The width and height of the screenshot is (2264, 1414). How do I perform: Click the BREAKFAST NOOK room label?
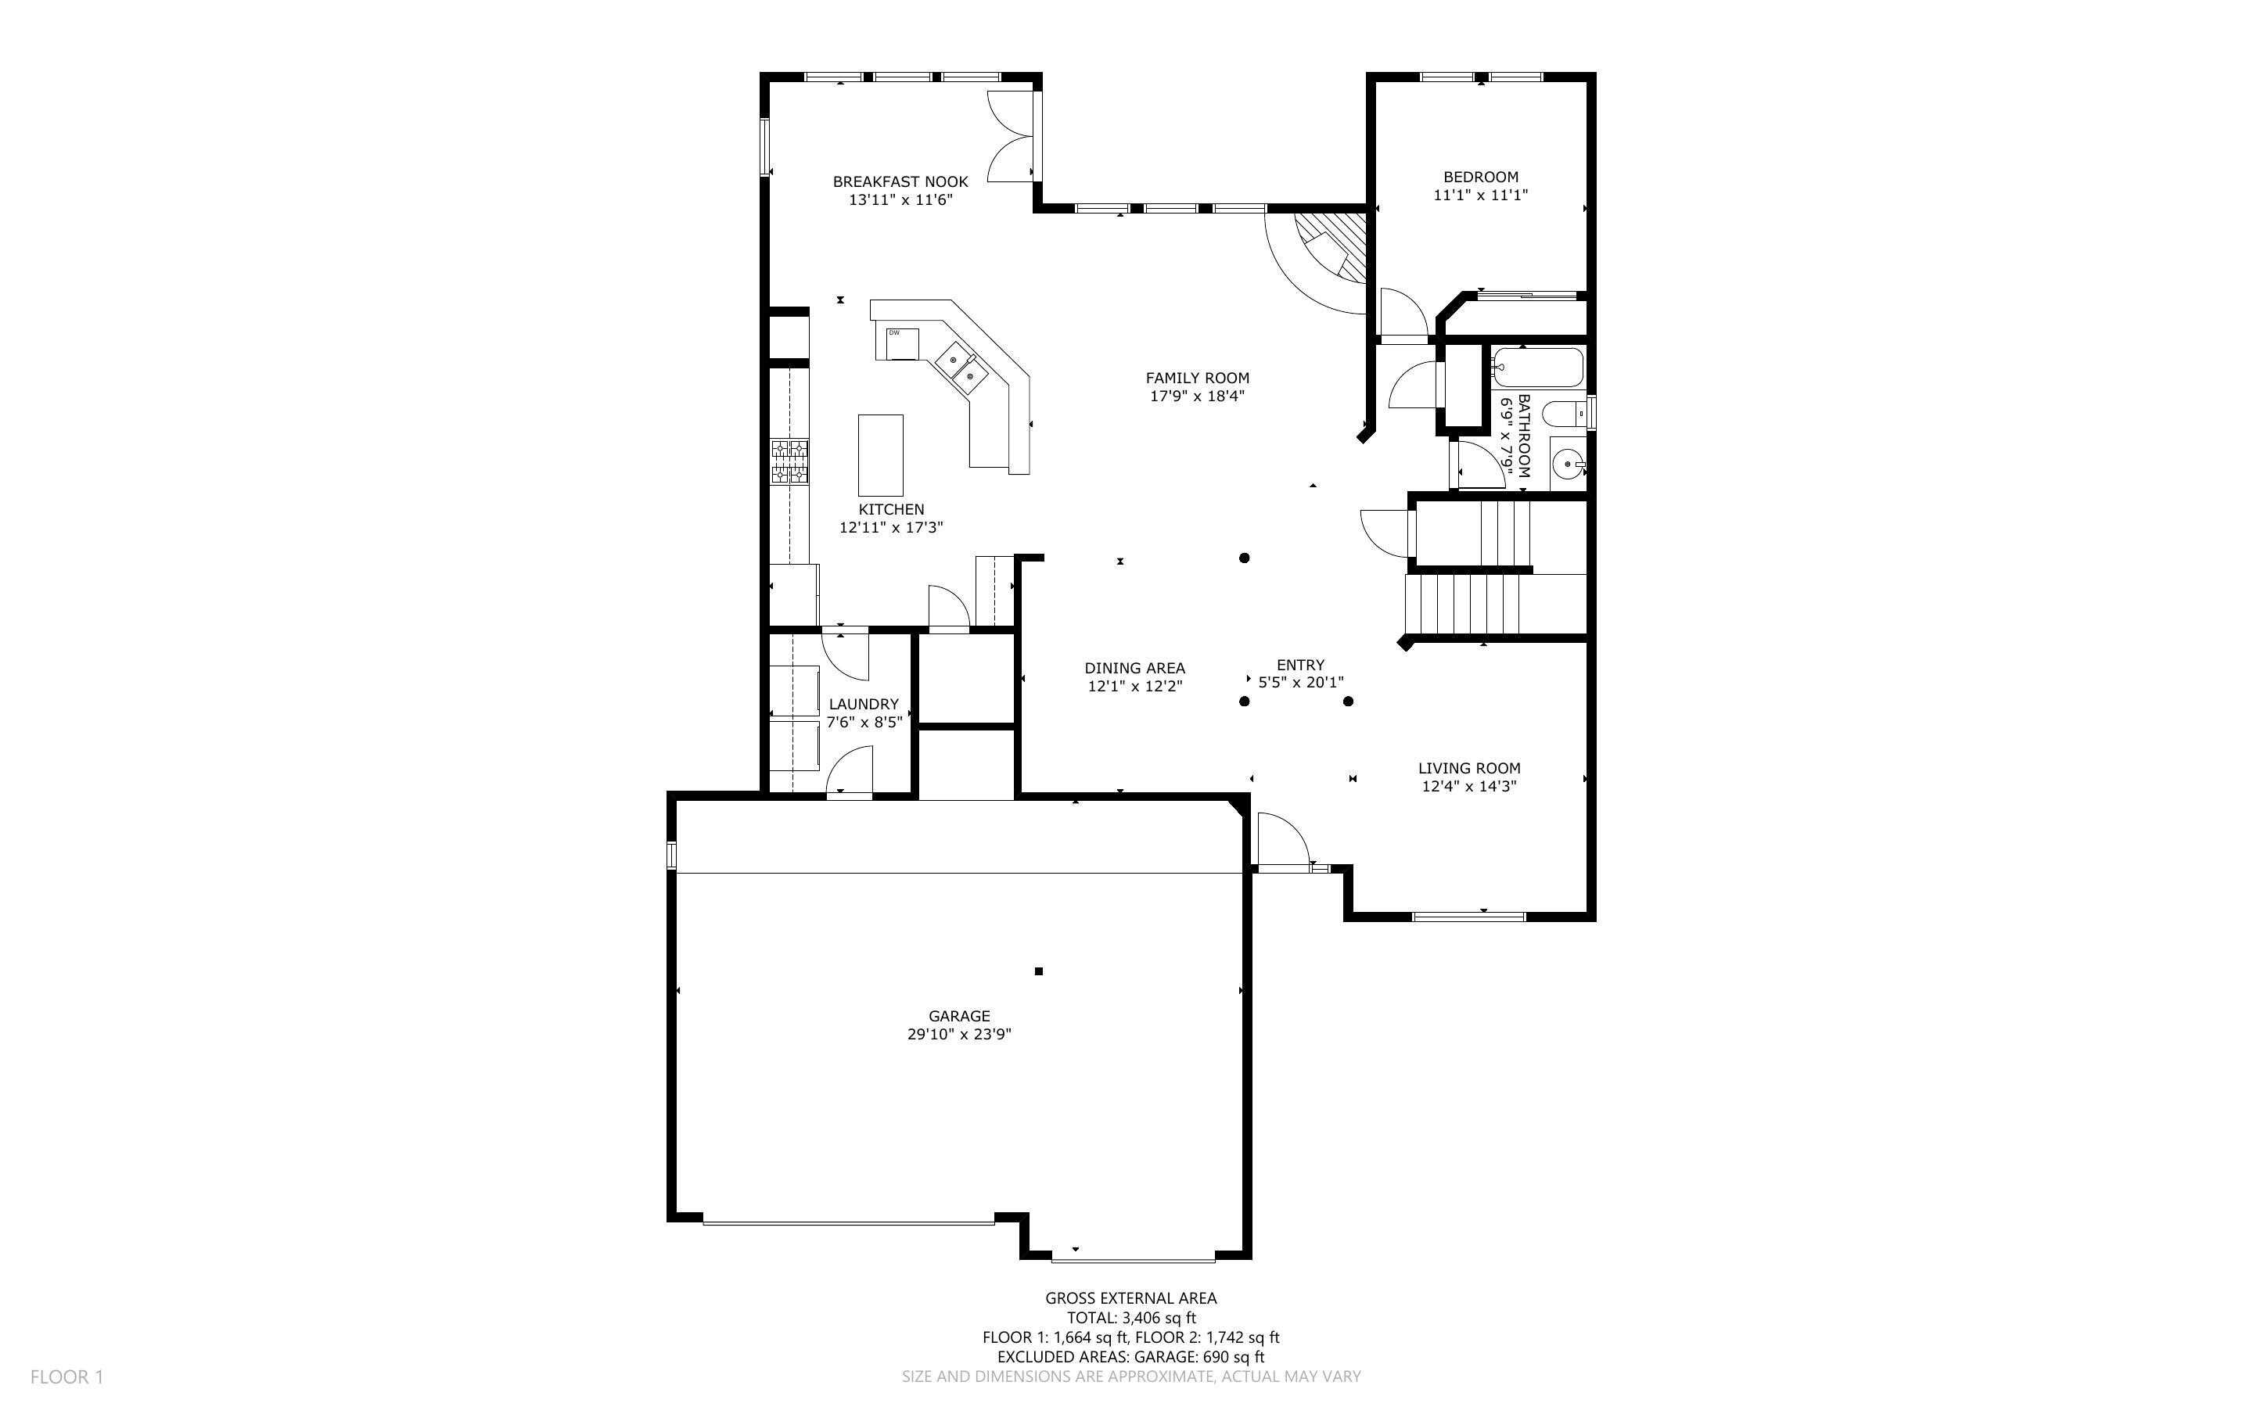pos(900,181)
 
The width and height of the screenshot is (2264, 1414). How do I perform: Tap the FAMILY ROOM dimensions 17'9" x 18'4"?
pos(1197,397)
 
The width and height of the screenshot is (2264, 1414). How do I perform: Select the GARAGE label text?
pos(958,1016)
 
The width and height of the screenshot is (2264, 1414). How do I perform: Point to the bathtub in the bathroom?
pos(1536,368)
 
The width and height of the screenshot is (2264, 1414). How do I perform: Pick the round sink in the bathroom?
pos(1567,463)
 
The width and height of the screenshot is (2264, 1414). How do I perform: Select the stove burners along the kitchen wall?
pos(789,462)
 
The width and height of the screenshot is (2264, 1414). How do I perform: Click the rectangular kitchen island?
pos(880,455)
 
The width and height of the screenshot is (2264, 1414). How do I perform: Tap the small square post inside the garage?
pos(1038,971)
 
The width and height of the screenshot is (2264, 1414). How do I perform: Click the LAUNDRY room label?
pos(863,704)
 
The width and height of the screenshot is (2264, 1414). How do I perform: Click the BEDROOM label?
pos(1480,177)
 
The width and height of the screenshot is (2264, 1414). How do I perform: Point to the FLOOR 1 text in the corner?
pos(66,1376)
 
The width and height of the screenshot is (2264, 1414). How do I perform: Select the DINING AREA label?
pos(1134,668)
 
